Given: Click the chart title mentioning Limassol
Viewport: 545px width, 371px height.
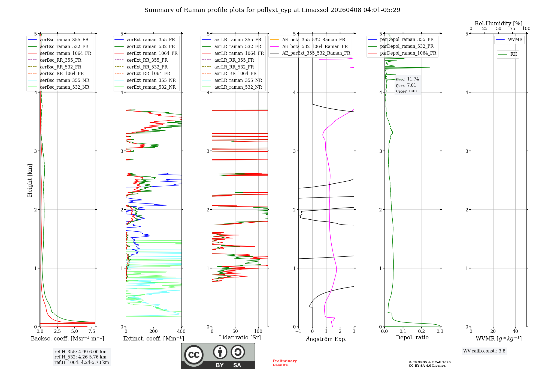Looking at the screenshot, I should [272, 10].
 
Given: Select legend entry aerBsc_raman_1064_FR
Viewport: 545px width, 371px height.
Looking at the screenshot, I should [65, 53].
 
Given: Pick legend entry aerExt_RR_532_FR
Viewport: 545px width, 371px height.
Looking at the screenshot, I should [147, 67].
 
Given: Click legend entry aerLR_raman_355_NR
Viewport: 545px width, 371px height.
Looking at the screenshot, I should [238, 80].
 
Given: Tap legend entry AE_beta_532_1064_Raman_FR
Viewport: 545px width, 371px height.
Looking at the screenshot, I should [315, 46].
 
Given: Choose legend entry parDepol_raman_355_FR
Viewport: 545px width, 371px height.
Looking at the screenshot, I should [407, 40].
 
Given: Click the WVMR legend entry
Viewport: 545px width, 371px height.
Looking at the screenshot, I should [515, 40].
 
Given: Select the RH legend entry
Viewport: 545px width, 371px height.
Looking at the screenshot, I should [513, 54].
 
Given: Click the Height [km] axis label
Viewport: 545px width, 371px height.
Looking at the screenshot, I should [30, 180].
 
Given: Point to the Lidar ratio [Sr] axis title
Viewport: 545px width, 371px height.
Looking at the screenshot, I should [240, 337].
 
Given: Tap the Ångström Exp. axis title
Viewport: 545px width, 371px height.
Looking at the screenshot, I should [326, 339].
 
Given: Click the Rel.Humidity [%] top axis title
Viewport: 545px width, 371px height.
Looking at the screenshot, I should [498, 23].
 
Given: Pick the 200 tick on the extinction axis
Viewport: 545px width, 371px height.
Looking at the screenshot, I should [154, 331].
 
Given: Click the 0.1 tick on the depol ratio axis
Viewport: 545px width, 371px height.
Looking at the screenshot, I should [403, 331].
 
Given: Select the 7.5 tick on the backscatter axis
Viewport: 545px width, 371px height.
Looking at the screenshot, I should [92, 331].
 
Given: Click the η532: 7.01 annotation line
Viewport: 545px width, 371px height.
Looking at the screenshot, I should [406, 85].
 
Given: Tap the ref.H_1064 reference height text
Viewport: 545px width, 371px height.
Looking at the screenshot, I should [81, 362].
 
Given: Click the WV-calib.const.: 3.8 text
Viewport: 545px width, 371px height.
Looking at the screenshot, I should [484, 351].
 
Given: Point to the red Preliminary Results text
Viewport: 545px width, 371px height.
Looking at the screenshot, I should [284, 363].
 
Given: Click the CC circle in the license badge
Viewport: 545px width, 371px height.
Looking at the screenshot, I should [194, 355].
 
